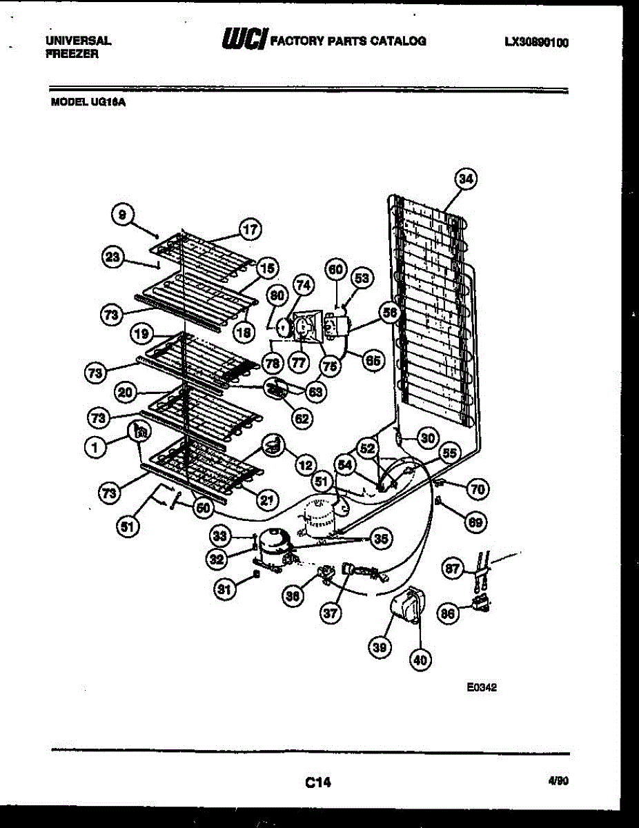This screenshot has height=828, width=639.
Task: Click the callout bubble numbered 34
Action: point(466,179)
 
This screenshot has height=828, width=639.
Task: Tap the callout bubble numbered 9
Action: point(122,215)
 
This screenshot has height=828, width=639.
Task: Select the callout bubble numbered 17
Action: point(250,229)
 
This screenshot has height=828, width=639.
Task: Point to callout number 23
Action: point(112,257)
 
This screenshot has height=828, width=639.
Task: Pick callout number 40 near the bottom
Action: point(420,660)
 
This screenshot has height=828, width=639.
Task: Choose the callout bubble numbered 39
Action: point(379,647)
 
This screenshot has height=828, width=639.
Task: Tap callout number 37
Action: point(332,612)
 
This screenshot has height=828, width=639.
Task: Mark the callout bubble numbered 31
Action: point(224,589)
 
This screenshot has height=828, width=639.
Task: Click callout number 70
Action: point(476,489)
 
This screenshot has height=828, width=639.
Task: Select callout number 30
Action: point(428,437)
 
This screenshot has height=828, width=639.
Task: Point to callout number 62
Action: point(302,417)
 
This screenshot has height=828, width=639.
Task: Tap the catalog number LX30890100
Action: point(536,42)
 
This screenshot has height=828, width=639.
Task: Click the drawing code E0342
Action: point(482,687)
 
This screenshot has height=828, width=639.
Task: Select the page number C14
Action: point(318,782)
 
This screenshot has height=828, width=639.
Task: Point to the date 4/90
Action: point(558,781)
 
